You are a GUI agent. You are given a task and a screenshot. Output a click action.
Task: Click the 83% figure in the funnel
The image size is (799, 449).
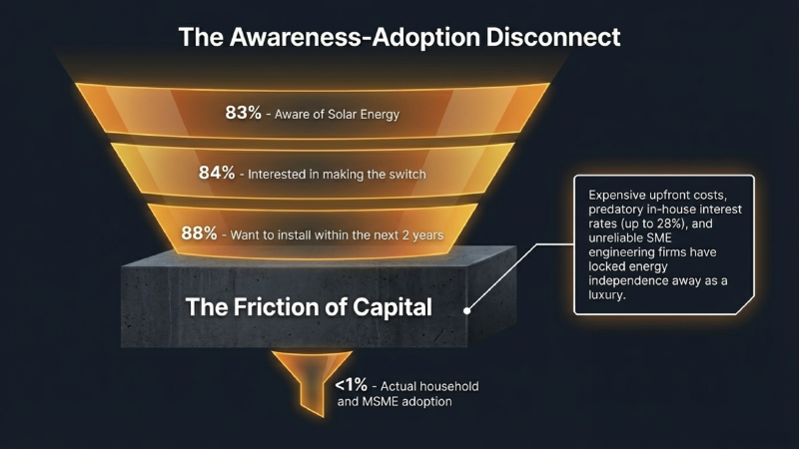[243, 113]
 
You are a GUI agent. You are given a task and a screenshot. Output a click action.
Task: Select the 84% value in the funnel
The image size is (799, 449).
[217, 173]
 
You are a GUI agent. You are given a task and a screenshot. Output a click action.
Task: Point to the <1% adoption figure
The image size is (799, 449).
[351, 384]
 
